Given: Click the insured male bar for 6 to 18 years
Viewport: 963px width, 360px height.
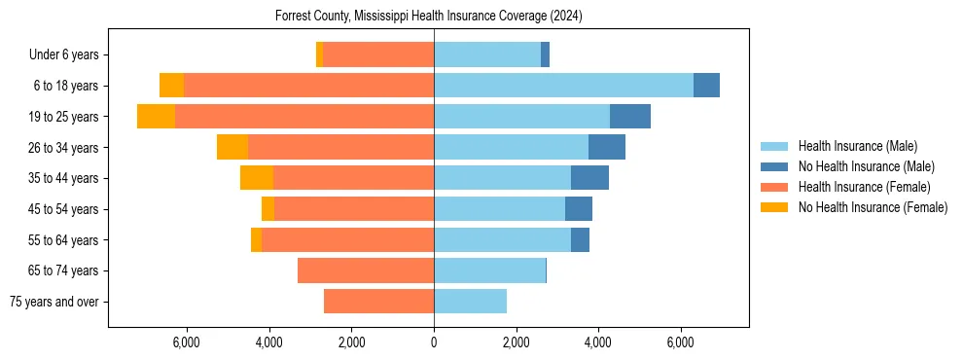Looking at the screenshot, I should coord(563,86).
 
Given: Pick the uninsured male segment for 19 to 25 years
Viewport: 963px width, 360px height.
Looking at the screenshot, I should coord(629,117).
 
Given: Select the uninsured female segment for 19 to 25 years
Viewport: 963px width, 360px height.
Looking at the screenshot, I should coord(156,117).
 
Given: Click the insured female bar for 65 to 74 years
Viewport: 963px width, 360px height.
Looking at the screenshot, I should coord(366,270).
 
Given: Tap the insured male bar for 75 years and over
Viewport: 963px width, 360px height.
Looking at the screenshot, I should coord(470,302).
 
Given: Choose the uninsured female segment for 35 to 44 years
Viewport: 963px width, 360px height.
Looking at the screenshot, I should coord(257,178).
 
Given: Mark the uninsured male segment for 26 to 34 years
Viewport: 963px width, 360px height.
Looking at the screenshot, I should coord(606,147).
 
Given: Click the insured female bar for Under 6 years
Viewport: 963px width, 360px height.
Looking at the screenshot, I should coord(377,55).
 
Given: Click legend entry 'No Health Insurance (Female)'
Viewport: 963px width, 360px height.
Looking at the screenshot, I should coord(873,207).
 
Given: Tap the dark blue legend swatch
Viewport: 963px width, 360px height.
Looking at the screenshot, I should coord(774,166).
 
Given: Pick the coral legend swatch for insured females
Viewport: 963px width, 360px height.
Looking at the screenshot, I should coord(774,187).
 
